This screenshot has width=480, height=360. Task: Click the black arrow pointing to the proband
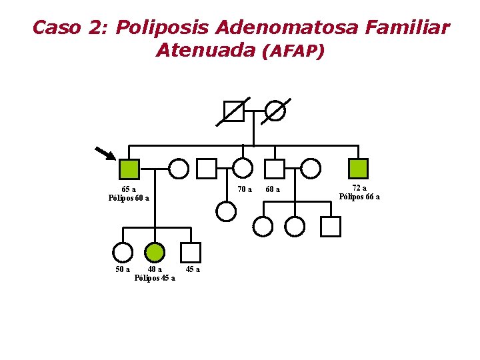(105, 153)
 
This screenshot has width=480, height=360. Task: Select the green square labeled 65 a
(129, 169)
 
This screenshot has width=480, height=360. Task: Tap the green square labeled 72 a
(359, 169)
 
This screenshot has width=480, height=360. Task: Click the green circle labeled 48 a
(155, 252)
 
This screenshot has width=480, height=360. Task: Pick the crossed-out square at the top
(233, 111)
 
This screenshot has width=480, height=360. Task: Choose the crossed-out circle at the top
(275, 111)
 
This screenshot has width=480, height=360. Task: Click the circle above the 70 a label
(243, 169)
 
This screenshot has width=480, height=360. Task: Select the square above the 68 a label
(275, 169)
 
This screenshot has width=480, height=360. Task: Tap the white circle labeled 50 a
(123, 252)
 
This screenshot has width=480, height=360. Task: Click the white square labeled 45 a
(191, 252)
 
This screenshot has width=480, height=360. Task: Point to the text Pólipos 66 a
(359, 197)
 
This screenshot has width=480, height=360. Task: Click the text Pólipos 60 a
(129, 198)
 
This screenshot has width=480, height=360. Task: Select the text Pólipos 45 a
(155, 278)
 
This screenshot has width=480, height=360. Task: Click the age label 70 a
(245, 189)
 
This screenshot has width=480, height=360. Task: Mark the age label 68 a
(273, 189)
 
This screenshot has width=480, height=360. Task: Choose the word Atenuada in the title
(205, 50)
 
